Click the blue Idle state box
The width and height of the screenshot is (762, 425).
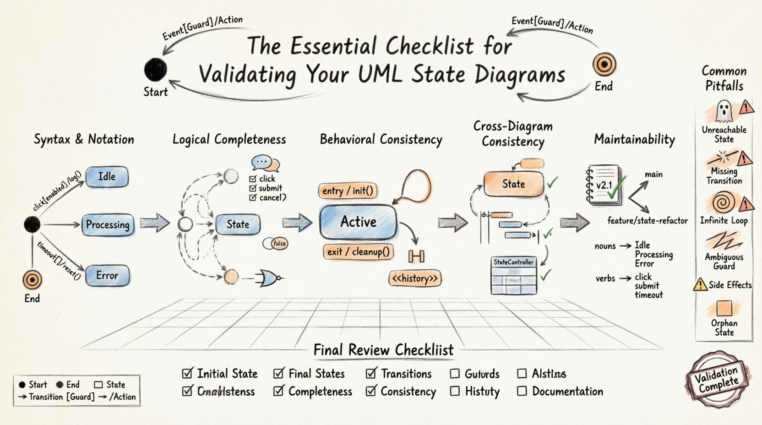[x=107, y=177]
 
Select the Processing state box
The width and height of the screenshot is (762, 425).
[x=108, y=225]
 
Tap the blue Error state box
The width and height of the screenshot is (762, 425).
[x=107, y=276]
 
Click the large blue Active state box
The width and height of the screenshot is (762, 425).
[x=358, y=222]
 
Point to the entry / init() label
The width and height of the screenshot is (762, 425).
[x=348, y=191]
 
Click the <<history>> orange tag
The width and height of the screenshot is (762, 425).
[x=415, y=278]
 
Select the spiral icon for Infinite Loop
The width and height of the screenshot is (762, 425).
[x=724, y=202]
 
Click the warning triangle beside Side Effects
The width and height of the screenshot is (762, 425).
[x=700, y=285]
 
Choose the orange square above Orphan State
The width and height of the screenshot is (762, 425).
[x=724, y=308]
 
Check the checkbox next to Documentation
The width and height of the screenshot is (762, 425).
[x=522, y=392]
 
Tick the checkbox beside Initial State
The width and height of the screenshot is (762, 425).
[x=187, y=374]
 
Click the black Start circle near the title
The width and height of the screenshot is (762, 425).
[x=156, y=70]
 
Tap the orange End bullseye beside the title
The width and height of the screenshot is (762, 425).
[x=604, y=65]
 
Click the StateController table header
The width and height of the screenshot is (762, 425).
[x=513, y=262]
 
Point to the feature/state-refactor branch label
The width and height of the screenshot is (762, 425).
[x=647, y=221]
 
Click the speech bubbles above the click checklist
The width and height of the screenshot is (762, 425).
[x=265, y=163]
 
